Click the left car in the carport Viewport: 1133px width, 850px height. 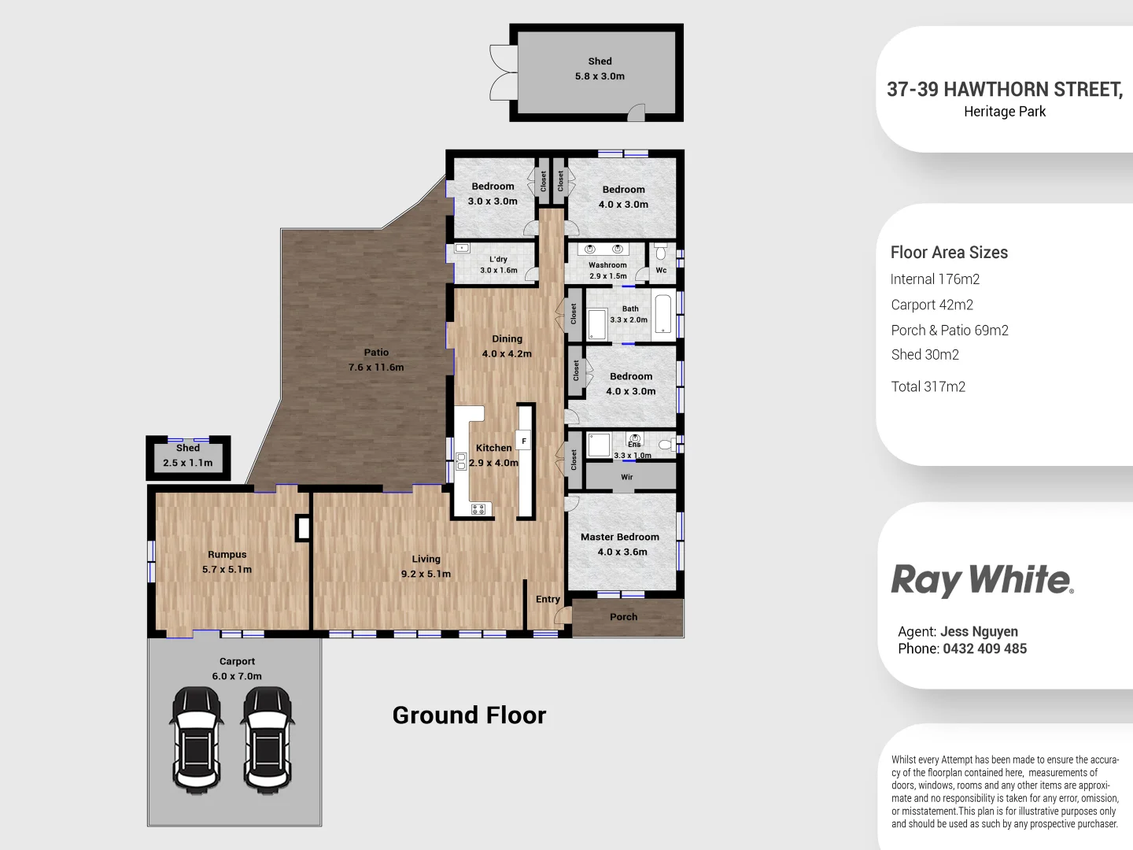(197, 739)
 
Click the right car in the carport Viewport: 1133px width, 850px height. (268, 739)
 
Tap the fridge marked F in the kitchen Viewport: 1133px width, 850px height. (523, 441)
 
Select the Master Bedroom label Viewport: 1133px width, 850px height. (620, 537)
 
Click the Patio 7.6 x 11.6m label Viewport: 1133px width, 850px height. (376, 360)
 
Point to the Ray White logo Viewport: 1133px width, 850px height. (982, 580)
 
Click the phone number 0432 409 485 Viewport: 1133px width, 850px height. (984, 649)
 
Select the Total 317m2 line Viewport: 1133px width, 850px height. (928, 386)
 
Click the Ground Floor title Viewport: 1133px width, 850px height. (469, 715)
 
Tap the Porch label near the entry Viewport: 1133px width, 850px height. (623, 617)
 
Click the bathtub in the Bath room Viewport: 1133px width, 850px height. (664, 314)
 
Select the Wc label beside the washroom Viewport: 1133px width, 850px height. (661, 270)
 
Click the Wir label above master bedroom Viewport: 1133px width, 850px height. (627, 477)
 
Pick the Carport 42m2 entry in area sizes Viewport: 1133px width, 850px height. (932, 305)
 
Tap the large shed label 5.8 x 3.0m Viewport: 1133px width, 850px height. (600, 68)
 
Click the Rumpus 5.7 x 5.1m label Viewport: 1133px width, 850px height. (227, 562)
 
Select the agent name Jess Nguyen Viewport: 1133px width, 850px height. (979, 631)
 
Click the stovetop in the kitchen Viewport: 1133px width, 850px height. (478, 509)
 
